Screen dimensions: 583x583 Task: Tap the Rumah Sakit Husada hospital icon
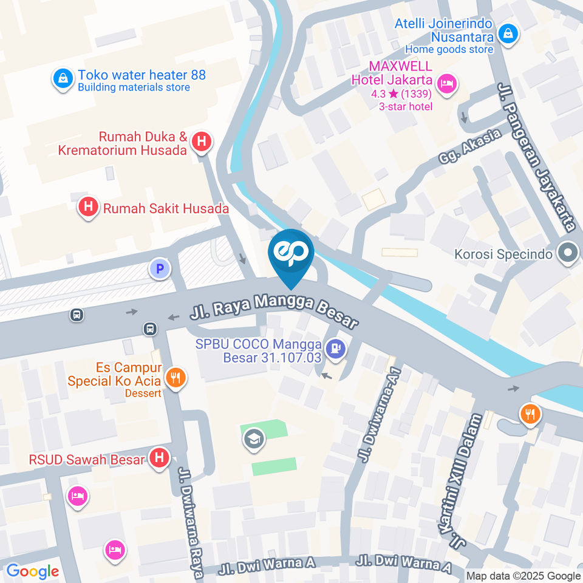point(89,208)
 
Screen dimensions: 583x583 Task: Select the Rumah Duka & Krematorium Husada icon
point(202,142)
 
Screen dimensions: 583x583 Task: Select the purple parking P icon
point(160,268)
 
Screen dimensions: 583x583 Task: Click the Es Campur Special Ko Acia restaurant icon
point(176,378)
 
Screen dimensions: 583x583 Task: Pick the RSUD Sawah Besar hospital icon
point(159,459)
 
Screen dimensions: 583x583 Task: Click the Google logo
point(32,571)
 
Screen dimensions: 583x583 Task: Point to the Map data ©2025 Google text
point(523,576)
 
